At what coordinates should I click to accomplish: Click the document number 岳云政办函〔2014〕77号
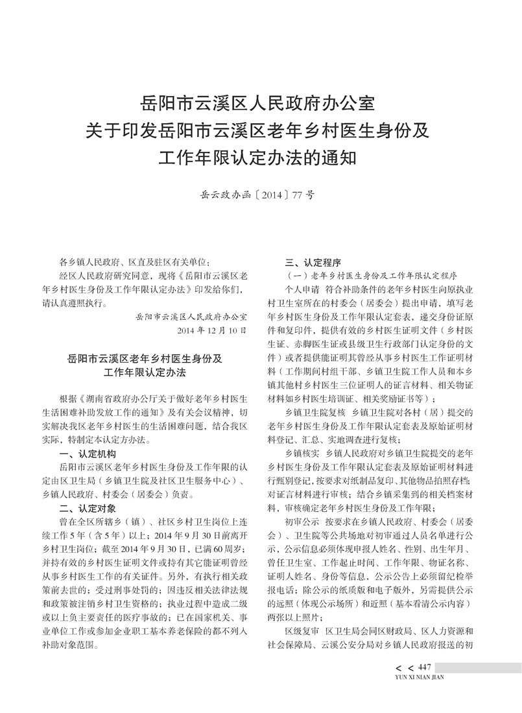tap(261, 193)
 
